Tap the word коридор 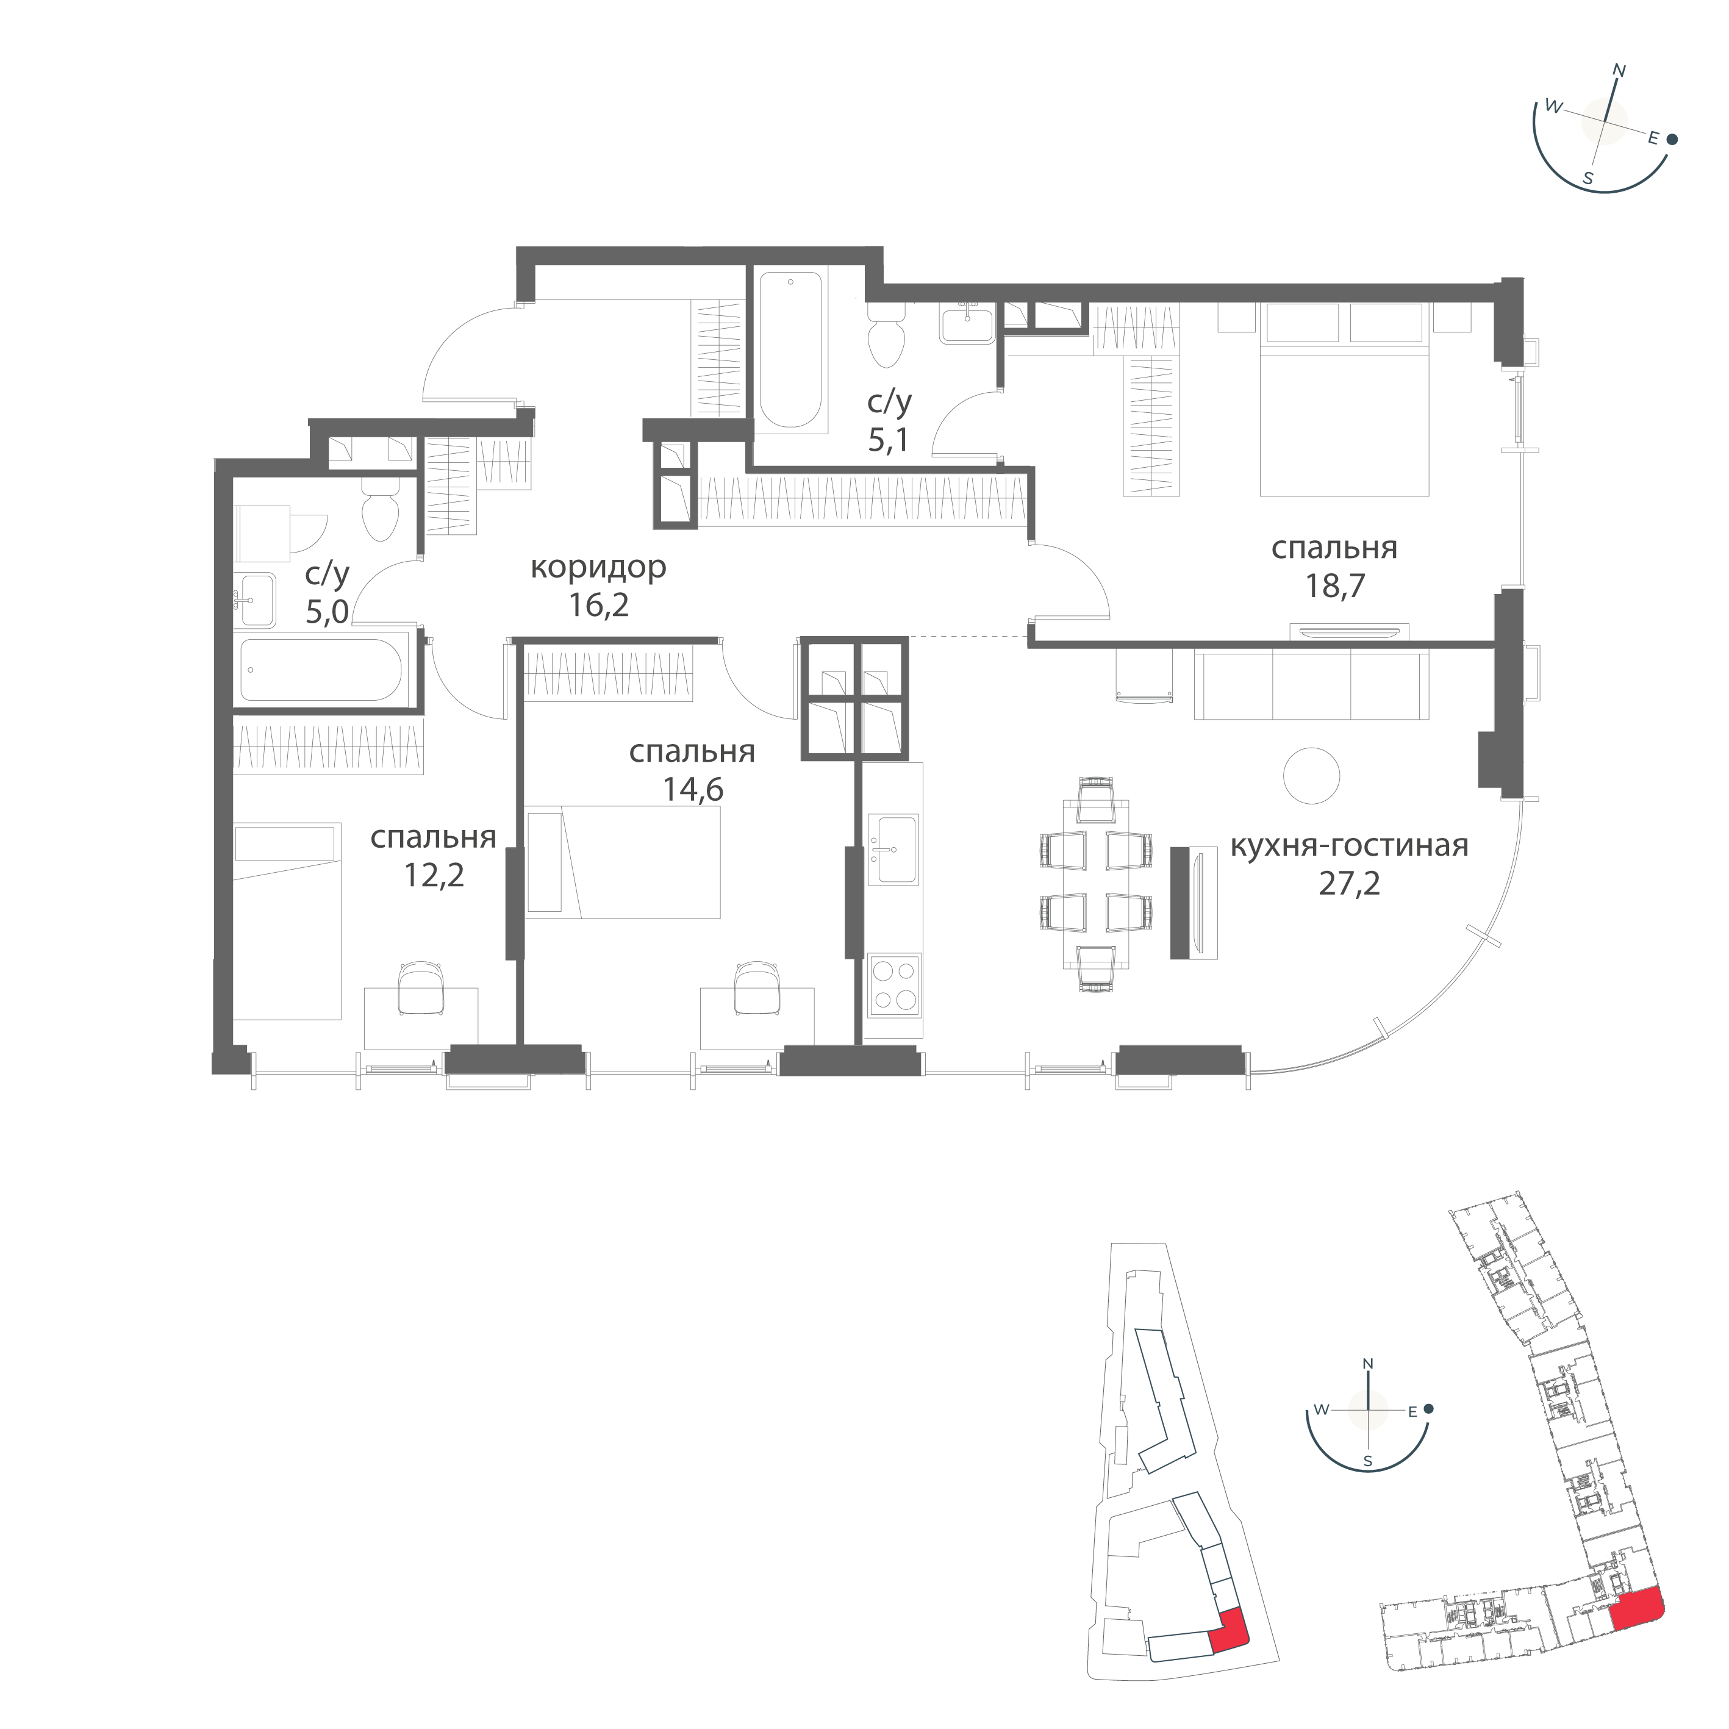click(x=598, y=567)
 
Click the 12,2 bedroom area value click(x=434, y=875)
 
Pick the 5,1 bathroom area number click(x=890, y=439)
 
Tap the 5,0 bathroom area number click(x=328, y=612)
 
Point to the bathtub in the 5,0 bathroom click(x=320, y=670)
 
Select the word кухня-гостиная click(x=1348, y=845)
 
